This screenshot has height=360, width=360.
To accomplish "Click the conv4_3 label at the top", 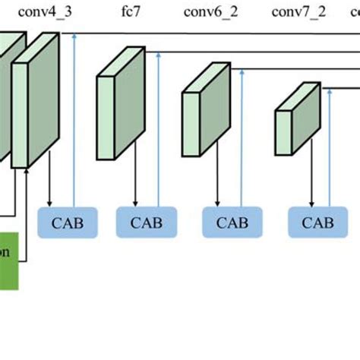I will tap(48, 12).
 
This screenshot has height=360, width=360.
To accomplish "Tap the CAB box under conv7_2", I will tap(317, 223).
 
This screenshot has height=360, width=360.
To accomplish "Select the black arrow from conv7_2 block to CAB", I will tap(308, 178).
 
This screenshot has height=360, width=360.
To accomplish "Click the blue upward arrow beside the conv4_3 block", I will tap(74, 122).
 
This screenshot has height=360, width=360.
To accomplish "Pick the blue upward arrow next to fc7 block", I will tap(158, 129).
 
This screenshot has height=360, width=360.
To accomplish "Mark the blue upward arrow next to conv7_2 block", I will tap(329, 144).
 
